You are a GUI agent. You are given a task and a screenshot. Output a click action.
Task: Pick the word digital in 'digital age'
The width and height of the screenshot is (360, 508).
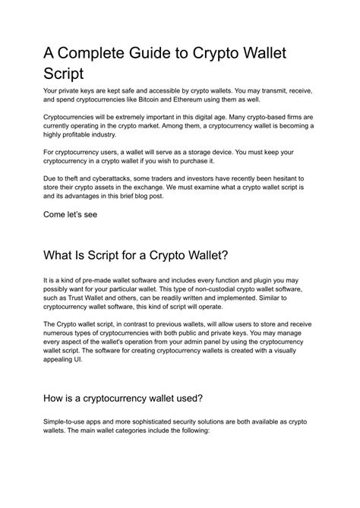(196, 120)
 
